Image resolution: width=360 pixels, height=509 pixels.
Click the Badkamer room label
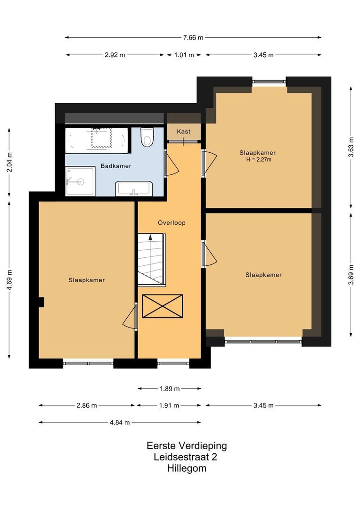click(116, 166)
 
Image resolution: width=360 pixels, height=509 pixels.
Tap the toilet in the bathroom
click(147, 137)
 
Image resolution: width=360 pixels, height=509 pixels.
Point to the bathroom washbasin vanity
click(134, 189)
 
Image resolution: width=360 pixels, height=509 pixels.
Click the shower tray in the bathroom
click(80, 181)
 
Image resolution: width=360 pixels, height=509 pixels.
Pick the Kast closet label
click(183, 131)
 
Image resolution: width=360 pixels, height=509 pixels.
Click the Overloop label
click(172, 222)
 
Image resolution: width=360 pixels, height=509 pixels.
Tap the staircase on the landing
click(152, 260)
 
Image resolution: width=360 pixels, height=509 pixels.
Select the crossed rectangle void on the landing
click(163, 306)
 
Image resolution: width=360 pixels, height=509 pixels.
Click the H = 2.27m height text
click(259, 159)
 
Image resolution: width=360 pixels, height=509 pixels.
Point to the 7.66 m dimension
click(193, 38)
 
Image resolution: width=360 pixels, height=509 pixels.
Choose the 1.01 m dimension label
click(184, 55)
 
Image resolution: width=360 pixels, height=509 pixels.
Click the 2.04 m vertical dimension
click(9, 162)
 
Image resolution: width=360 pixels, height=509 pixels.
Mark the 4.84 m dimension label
click(120, 422)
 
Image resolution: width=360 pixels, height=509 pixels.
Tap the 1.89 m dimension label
click(170, 388)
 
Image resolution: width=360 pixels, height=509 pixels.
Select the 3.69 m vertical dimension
click(351, 275)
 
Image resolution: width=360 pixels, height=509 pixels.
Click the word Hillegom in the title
click(187, 468)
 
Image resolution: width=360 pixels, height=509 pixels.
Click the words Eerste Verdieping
click(187, 446)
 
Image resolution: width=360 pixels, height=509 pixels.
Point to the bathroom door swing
click(172, 164)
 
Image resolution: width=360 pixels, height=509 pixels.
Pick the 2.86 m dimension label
click(87, 405)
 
